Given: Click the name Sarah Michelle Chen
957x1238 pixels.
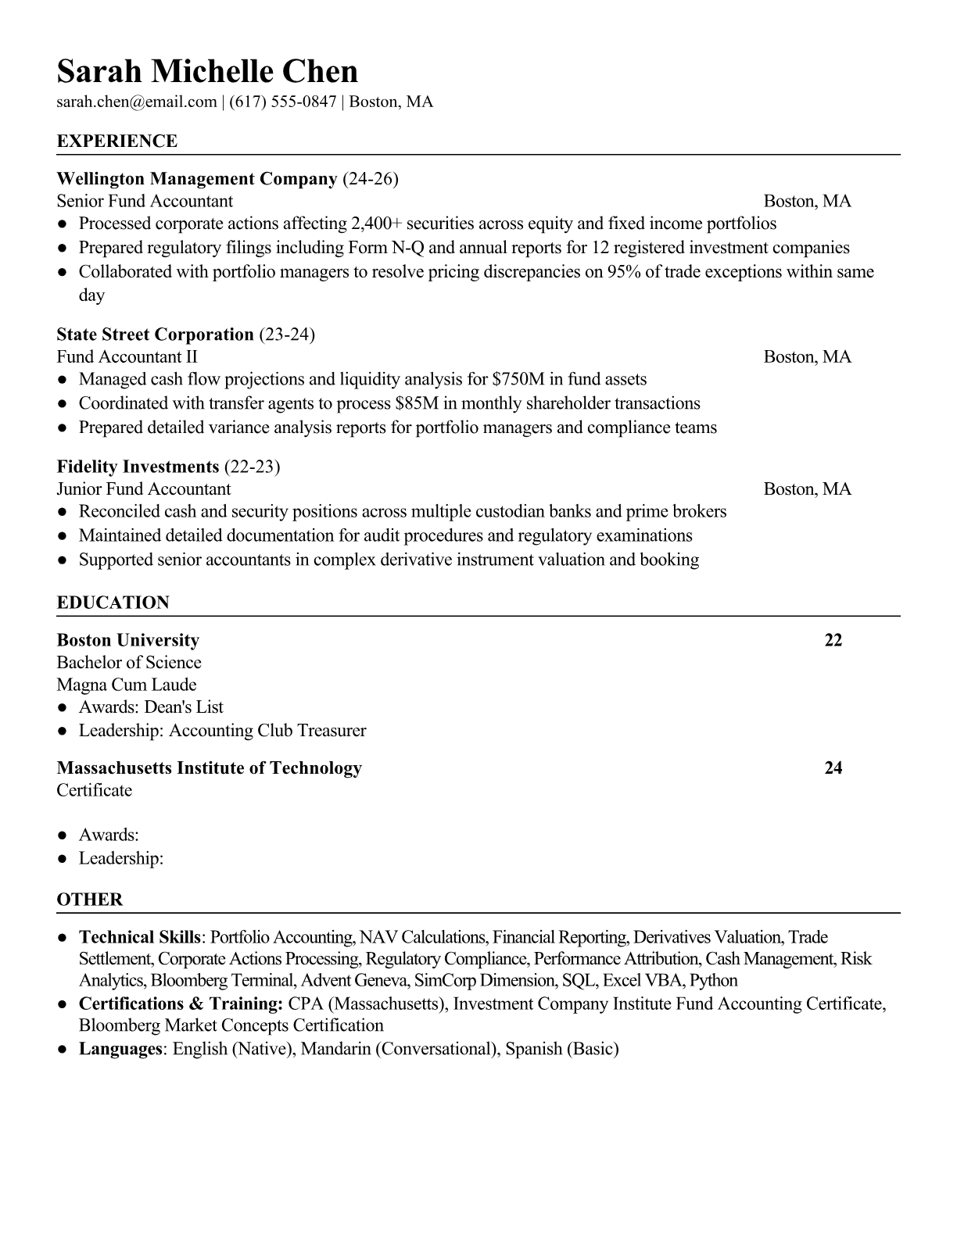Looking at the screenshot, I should [207, 71].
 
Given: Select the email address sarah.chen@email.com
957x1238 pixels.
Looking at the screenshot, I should [136, 102].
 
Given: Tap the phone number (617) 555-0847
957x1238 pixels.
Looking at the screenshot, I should [282, 102].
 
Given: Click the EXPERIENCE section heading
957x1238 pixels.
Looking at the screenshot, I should [117, 141].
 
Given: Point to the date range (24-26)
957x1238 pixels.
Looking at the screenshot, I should [371, 179].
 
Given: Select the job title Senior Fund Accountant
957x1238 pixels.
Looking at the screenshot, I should [145, 201].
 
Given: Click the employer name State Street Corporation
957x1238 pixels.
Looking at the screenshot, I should [155, 335].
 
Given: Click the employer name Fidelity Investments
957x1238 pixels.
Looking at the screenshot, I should [138, 467].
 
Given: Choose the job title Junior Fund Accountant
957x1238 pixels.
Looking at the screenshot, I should [144, 489].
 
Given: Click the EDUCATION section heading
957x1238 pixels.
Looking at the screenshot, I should [113, 603].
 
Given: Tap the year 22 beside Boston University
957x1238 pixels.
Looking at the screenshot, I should [833, 640].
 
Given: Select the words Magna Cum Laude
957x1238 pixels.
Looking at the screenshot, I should [127, 685].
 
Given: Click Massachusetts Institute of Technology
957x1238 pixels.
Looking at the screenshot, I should [209, 767].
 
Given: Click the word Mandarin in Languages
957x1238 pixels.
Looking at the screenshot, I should [335, 1049].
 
